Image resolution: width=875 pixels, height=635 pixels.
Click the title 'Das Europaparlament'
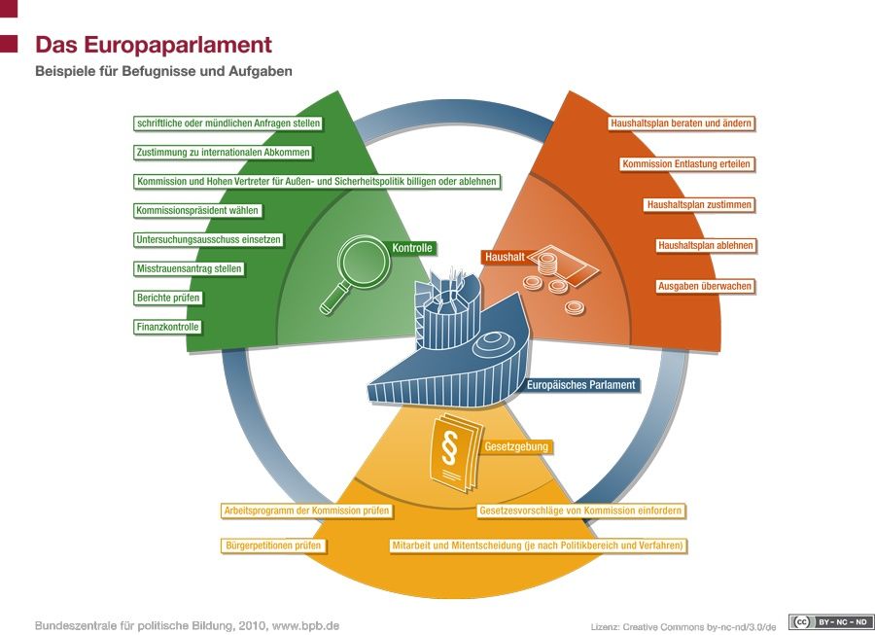coord(154,45)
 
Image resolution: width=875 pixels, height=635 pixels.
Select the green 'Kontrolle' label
coord(412,248)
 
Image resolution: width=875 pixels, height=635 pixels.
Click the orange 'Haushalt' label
coord(504,257)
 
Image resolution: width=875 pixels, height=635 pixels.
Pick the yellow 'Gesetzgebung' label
coord(516,446)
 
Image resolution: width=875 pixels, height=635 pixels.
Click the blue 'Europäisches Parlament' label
coord(581,385)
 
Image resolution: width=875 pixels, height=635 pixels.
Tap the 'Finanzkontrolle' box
coord(167,327)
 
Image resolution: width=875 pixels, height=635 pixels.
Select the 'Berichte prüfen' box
coord(168,298)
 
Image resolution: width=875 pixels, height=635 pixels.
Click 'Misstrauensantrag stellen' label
coord(190,269)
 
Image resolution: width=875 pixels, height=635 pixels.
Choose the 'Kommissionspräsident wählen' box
coord(197,210)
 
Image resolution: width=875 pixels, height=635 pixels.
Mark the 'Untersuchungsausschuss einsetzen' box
coord(209,240)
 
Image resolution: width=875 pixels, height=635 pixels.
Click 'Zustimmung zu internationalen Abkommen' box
coord(224,153)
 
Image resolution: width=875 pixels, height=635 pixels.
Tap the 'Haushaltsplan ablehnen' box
coord(706,245)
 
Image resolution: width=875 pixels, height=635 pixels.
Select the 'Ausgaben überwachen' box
coord(705,286)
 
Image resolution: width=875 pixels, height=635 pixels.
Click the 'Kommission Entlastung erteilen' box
coord(686,164)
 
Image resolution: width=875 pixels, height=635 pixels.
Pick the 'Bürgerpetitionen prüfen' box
coord(273,546)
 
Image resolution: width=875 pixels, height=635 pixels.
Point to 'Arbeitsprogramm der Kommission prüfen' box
coord(306,511)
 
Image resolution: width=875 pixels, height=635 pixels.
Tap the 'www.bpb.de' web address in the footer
coord(305,625)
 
